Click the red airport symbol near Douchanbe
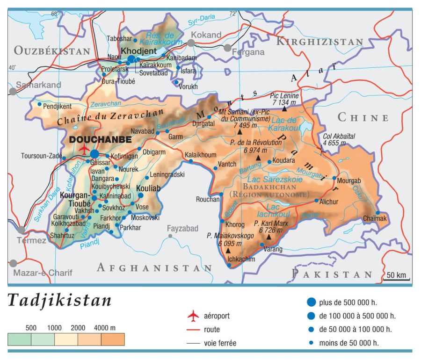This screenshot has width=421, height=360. click(x=84, y=149)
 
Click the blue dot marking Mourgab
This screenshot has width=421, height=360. click(x=334, y=178)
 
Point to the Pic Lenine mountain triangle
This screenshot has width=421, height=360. click(x=284, y=109)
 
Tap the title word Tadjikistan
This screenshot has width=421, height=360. click(x=59, y=301)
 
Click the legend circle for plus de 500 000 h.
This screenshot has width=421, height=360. click(x=311, y=302)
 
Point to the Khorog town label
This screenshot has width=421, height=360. click(x=235, y=224)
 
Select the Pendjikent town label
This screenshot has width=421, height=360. click(x=57, y=106)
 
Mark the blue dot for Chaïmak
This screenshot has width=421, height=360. click(x=377, y=213)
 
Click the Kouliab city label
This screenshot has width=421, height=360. click(x=147, y=188)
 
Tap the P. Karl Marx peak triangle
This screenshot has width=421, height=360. click(x=269, y=237)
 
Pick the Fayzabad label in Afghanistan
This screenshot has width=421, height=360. click(x=183, y=229)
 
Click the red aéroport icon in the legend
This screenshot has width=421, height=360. click(x=193, y=316)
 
